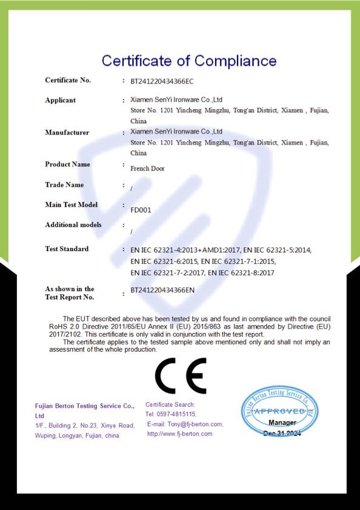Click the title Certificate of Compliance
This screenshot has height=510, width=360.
tap(188, 61)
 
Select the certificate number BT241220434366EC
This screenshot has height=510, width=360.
tap(162, 81)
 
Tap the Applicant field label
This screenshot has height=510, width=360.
tap(60, 100)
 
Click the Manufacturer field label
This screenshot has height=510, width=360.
tap(67, 132)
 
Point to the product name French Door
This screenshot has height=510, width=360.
tap(147, 169)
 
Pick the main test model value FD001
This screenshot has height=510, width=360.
tap(141, 210)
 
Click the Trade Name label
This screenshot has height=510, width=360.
tap(64, 184)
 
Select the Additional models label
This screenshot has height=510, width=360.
tap(73, 225)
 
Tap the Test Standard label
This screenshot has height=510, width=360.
tap(67, 249)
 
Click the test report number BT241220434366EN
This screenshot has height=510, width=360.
tap(162, 290)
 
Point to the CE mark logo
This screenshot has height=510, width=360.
tap(181, 376)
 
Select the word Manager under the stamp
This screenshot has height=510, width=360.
tap(282, 422)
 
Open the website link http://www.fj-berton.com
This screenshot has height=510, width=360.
tap(179, 434)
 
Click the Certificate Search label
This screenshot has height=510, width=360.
tap(170, 404)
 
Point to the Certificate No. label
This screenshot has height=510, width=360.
tap(68, 80)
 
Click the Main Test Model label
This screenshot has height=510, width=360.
tap(71, 204)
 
